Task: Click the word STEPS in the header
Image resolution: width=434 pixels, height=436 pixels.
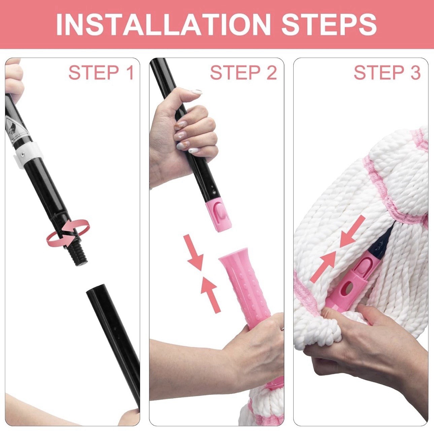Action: (x=329, y=24)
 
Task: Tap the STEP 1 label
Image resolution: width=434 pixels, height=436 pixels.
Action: (x=101, y=73)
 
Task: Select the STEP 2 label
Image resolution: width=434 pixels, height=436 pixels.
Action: (x=243, y=73)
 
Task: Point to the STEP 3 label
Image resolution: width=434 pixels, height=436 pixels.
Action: (x=387, y=73)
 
